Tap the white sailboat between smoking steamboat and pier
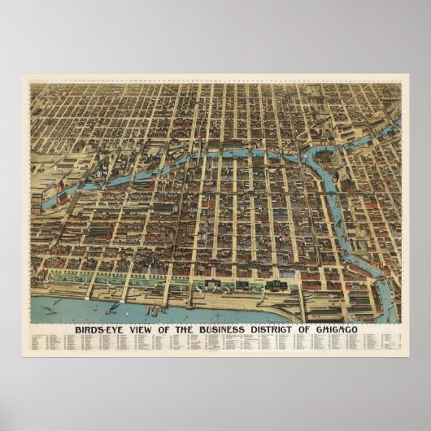tap(133, 310)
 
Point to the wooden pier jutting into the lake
tap(155, 310)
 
